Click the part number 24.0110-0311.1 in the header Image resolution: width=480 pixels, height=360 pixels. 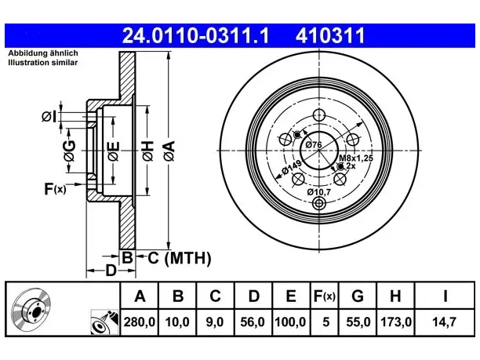(x=195, y=35)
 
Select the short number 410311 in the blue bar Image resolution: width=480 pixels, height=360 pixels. (x=330, y=35)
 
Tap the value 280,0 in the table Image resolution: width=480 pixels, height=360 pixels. (x=140, y=322)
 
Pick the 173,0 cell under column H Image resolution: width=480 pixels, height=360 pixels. (x=395, y=322)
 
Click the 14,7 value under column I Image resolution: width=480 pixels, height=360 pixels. (x=444, y=322)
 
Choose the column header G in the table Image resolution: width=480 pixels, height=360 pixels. (x=358, y=296)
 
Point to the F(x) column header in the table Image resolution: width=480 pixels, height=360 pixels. (x=325, y=296)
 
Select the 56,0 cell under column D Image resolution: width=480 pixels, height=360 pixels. (x=253, y=322)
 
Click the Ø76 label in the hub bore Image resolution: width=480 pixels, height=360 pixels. (x=314, y=144)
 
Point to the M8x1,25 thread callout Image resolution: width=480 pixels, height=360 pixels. (x=356, y=158)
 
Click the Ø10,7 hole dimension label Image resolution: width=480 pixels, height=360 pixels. (x=319, y=192)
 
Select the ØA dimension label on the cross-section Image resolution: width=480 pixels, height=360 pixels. (x=169, y=151)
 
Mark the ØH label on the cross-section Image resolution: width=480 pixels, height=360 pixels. (x=148, y=151)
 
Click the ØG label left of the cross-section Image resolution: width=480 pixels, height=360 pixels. (x=70, y=151)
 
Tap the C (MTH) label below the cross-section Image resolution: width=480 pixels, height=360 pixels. (x=180, y=258)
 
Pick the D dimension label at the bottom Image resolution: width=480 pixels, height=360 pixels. (x=111, y=271)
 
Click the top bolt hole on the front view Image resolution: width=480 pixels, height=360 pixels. (x=319, y=115)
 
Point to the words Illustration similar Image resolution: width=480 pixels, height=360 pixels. (x=43, y=63)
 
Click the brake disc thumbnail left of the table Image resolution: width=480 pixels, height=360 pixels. (x=31, y=309)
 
